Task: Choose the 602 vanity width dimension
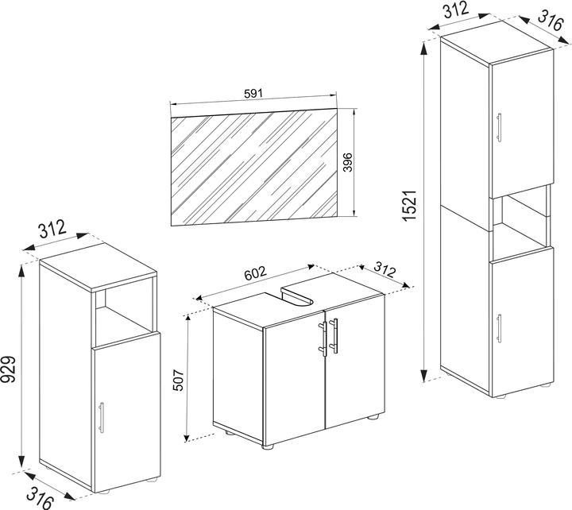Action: click(x=254, y=273)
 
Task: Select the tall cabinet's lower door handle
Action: click(x=500, y=327)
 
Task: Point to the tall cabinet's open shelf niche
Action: click(x=520, y=226)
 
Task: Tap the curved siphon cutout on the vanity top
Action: click(x=300, y=298)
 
